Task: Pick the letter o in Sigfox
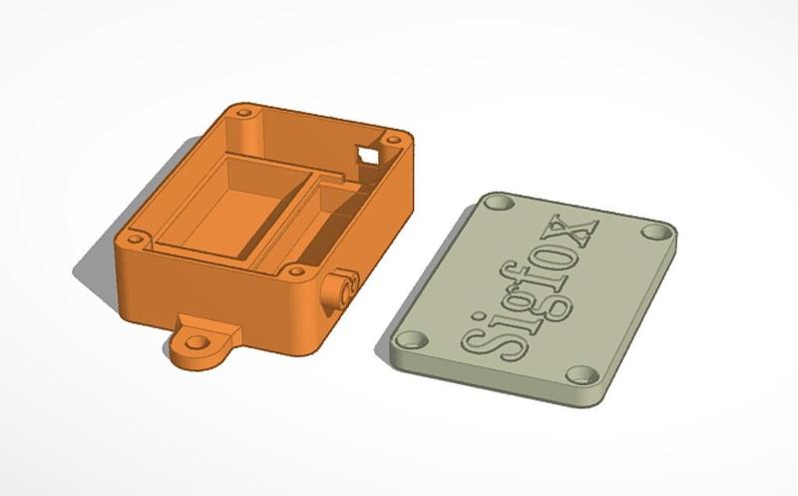coord(565,250)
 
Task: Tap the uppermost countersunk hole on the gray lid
coord(500,203)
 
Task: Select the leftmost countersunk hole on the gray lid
coord(410,338)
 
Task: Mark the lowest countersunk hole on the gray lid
coord(583,375)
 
